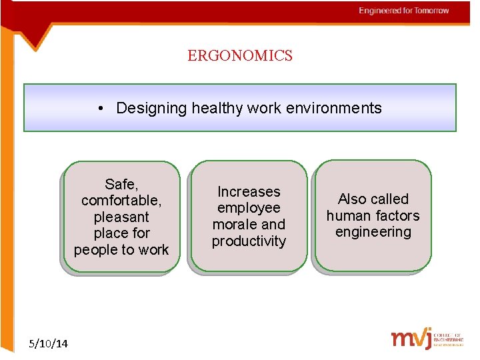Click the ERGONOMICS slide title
240,56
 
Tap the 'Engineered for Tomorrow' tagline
403,11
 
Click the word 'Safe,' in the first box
121,184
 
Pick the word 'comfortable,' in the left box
121,201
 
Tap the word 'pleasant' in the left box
121,217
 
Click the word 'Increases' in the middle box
249,192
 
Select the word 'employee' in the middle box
249,209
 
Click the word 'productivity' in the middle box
249,241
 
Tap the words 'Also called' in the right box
373,199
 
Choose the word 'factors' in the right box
397,215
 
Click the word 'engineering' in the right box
373,232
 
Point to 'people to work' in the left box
121,250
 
